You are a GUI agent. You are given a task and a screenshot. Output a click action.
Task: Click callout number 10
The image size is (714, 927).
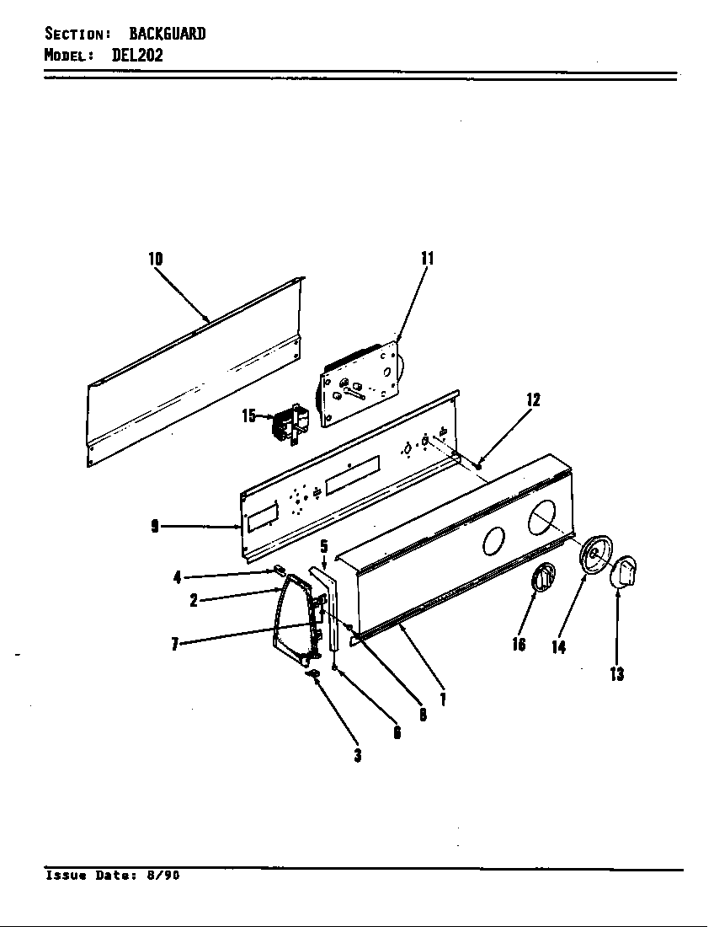(x=156, y=259)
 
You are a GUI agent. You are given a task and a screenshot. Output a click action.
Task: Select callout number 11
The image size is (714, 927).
(x=427, y=259)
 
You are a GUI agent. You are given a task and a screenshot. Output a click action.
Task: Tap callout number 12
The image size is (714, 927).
(x=533, y=399)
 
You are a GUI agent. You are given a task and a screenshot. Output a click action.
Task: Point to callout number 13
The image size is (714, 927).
(x=617, y=674)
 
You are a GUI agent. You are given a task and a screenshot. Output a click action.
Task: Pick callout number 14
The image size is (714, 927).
(x=558, y=647)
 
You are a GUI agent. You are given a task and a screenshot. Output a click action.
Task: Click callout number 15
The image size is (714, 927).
(x=248, y=415)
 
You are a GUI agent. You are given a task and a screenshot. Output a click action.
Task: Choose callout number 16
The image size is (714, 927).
(x=519, y=644)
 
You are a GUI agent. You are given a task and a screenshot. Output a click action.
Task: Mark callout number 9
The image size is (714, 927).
(x=155, y=527)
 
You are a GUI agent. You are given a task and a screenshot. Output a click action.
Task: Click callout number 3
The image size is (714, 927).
(x=358, y=755)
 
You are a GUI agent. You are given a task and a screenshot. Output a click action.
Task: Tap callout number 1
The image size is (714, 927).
(x=442, y=698)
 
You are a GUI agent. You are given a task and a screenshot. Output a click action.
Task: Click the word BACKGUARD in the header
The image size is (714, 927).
(x=167, y=34)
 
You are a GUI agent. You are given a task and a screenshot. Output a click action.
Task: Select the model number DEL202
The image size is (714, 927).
(x=137, y=56)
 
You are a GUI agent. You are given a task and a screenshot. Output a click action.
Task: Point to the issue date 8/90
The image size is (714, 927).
(x=163, y=876)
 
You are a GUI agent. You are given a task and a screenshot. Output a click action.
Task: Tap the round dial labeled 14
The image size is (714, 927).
(x=596, y=555)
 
